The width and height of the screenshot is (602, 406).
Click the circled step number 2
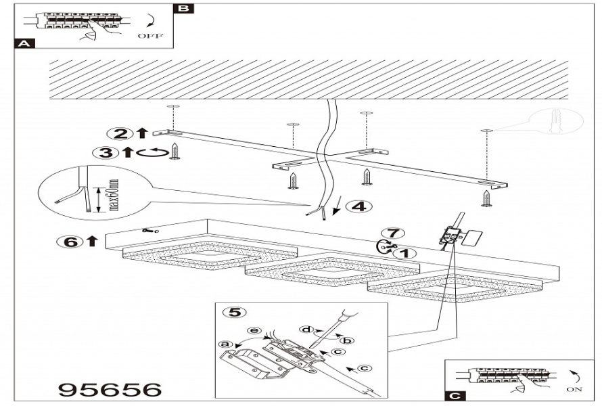(x=120, y=134)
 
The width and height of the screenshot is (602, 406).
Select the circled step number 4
(x=359, y=206)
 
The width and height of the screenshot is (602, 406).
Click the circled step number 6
(x=70, y=242)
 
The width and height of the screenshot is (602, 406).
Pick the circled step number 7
(x=393, y=233)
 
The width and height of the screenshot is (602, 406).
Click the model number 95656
(x=110, y=390)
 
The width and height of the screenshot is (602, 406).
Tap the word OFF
(x=150, y=36)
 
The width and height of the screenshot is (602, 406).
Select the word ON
(x=574, y=390)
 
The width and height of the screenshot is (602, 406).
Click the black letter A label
(x=24, y=43)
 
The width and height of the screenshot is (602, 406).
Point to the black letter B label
(x=183, y=8)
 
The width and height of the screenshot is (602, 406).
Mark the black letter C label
(x=455, y=397)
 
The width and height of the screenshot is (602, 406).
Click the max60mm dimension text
(x=114, y=195)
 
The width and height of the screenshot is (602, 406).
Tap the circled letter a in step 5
(x=225, y=344)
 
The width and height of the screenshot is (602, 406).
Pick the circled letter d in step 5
(x=306, y=330)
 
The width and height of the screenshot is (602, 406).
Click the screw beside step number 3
(x=175, y=151)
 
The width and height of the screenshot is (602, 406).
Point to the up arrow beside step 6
(x=92, y=241)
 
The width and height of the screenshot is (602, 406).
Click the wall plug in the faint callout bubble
(x=555, y=120)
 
